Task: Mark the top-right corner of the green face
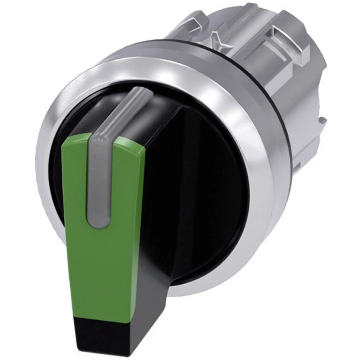tap(144, 142)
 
